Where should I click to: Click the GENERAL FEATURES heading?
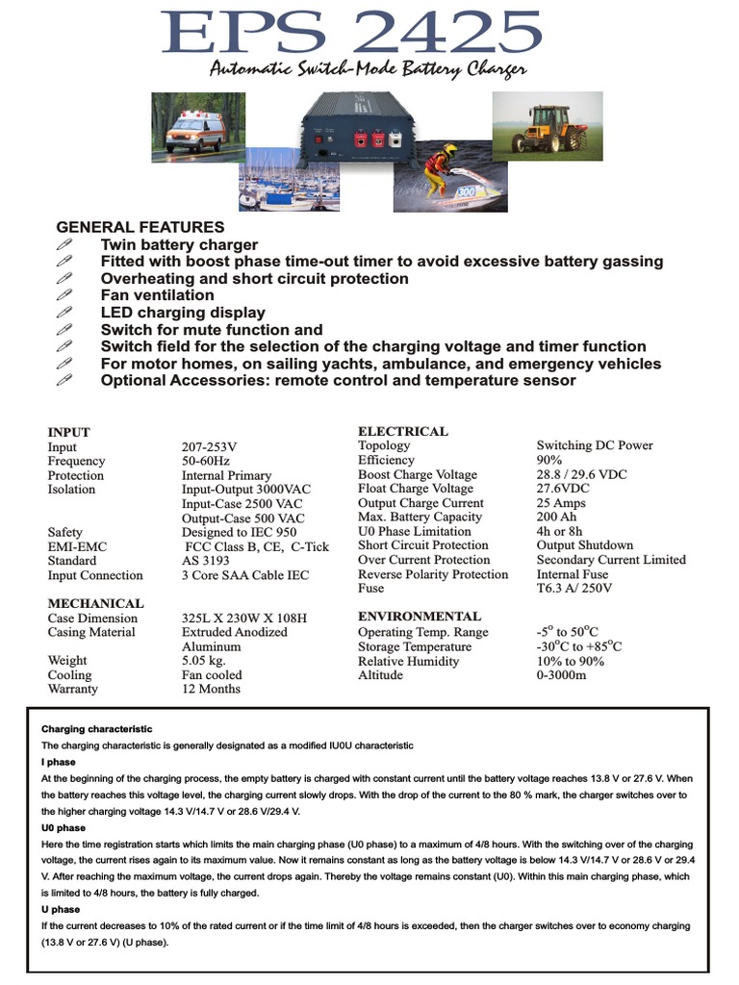coord(140,227)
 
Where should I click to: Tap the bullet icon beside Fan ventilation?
coord(64,295)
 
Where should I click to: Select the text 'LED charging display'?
coord(183,313)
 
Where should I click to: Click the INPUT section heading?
coord(68,433)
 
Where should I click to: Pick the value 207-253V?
coord(209,447)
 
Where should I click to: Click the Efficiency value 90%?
coord(550,461)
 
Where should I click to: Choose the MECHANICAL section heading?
coord(95,604)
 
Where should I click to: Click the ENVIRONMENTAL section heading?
coord(420,617)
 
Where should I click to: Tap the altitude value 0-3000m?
coord(561,675)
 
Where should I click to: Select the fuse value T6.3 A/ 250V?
coord(574,588)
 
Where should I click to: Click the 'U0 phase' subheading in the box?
coord(64,827)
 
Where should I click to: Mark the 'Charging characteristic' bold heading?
coord(96,729)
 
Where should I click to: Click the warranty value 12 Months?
coord(211,689)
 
